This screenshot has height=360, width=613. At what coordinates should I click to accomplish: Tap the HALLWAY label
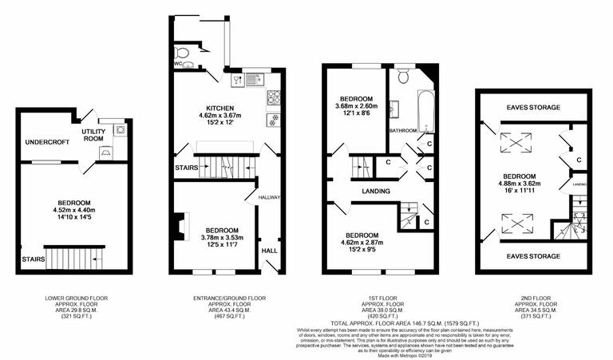[267, 195]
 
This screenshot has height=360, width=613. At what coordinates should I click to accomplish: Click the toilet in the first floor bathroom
[402, 76]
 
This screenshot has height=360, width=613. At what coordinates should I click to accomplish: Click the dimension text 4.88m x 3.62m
[519, 184]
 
